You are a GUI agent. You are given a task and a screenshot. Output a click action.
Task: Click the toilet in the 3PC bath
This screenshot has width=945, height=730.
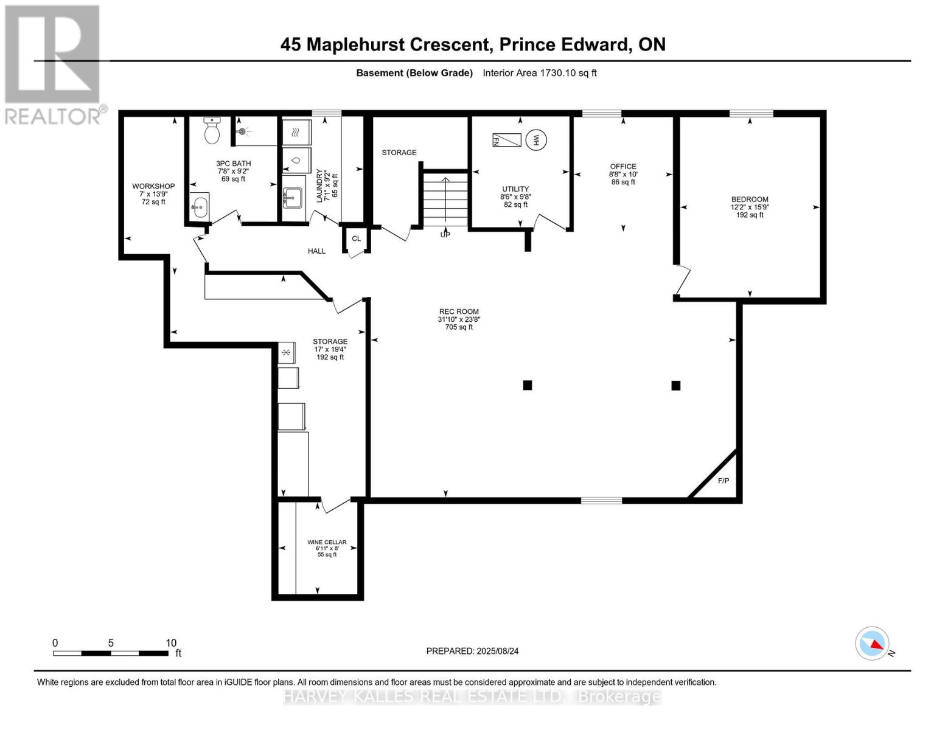pyautogui.click(x=212, y=131)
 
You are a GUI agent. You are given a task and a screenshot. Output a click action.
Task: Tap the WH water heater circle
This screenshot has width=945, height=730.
pyautogui.click(x=536, y=140)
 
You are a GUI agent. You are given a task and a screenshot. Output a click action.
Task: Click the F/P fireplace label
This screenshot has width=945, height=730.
pyautogui.click(x=723, y=481)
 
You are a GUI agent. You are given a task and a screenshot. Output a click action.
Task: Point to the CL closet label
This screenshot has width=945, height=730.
pyautogui.click(x=356, y=238)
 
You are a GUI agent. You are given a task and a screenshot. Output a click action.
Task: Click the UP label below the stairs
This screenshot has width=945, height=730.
pyautogui.click(x=445, y=234)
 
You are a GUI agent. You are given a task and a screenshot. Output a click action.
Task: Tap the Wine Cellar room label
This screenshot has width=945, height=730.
pyautogui.click(x=327, y=542)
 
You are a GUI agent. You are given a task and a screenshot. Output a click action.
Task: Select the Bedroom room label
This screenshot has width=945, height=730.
pyautogui.click(x=750, y=200)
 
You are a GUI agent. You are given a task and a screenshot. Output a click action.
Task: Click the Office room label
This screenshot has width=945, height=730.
pyautogui.click(x=623, y=167)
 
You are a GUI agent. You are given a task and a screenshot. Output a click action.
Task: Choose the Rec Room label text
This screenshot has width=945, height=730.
pyautogui.click(x=459, y=311)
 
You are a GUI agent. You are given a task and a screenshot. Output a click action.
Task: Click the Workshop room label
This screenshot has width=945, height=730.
pyautogui.click(x=153, y=186)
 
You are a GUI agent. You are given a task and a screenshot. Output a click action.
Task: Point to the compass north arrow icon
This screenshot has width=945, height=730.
pyautogui.click(x=873, y=644)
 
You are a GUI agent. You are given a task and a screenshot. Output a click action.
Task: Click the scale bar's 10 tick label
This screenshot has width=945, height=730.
pyautogui.click(x=171, y=643)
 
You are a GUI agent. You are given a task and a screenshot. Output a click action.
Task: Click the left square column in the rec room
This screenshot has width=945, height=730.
pyautogui.click(x=528, y=385)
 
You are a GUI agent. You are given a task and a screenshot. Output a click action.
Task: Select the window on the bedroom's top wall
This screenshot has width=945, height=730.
pyautogui.click(x=751, y=113)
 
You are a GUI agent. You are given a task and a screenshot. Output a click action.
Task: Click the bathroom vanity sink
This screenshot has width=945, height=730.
pyautogui.click(x=199, y=206)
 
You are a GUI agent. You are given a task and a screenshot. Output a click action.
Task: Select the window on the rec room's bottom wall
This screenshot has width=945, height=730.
pyautogui.click(x=601, y=500)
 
